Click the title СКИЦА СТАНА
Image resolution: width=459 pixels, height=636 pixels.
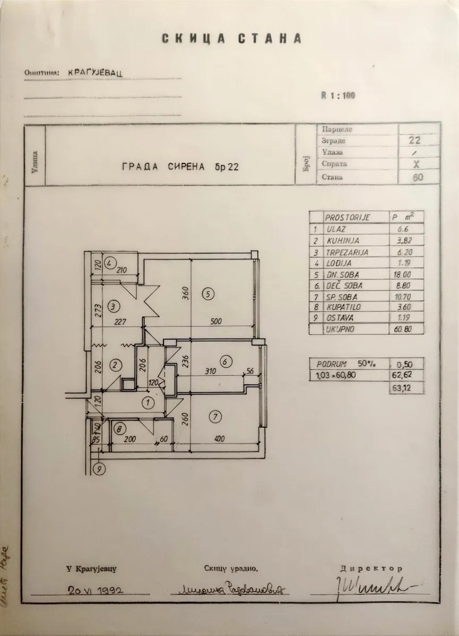[x=231, y=39]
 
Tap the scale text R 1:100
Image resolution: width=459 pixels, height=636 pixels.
[x=338, y=96]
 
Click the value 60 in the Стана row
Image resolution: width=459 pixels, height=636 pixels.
[x=418, y=177]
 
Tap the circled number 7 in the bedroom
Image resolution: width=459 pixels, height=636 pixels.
[x=215, y=417]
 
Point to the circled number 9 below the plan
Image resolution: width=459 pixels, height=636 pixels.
[x=98, y=468]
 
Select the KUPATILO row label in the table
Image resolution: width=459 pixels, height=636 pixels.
[x=341, y=307]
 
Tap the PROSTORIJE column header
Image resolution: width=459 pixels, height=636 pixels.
[x=348, y=218]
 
